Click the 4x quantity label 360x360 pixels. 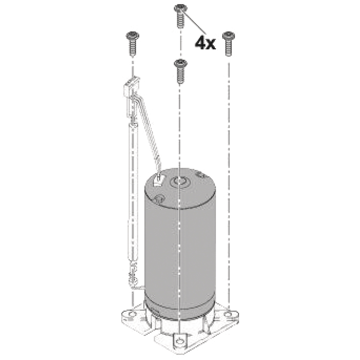click(205, 43)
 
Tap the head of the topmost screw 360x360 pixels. click(180, 9)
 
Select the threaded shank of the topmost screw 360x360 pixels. click(180, 20)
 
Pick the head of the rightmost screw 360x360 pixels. click(229, 36)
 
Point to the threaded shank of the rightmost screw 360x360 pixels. click(229, 48)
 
